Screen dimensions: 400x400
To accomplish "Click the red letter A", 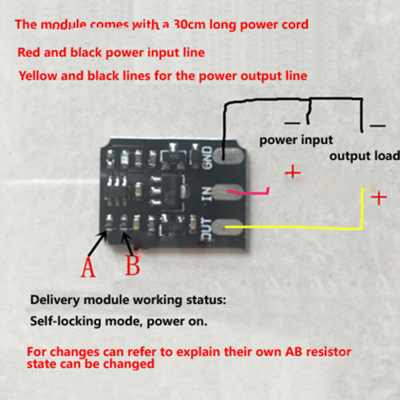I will (x=88, y=267).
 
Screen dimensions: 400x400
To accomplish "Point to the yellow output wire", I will (x=300, y=227).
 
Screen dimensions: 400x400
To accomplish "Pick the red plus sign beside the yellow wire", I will (x=379, y=198).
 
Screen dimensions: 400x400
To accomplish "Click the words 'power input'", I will (x=296, y=140).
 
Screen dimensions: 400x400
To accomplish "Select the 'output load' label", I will (x=364, y=155).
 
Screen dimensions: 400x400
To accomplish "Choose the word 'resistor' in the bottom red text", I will (x=322, y=352).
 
